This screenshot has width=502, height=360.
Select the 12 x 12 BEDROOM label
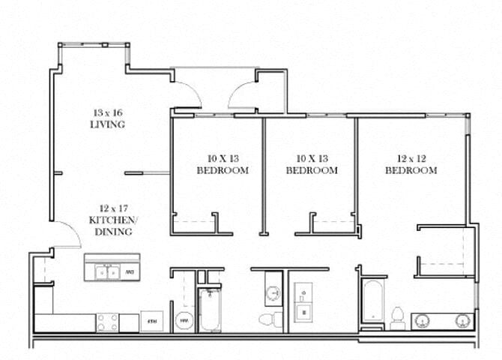[x=411, y=165]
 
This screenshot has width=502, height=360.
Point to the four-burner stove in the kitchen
[x=106, y=322]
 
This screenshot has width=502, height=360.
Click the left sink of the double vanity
[x=422, y=320]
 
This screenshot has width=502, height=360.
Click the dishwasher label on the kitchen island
[x=129, y=272]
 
